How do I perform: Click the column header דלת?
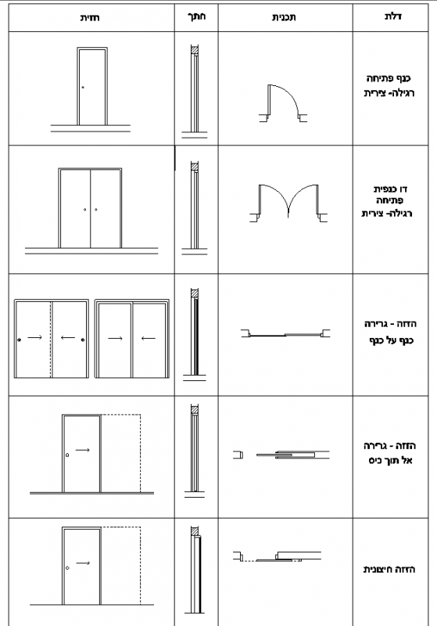coord(392,16)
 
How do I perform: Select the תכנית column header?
coord(284,17)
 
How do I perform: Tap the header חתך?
coord(196,16)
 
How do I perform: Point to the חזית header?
coord(90,17)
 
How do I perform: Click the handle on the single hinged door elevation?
coord(83,88)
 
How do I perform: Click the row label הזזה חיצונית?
coord(389,570)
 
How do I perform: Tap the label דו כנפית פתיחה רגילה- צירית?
coord(387,201)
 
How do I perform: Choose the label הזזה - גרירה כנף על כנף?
coord(390,332)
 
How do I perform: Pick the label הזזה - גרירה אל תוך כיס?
coord(390,453)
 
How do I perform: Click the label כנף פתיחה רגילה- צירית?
coord(389,85)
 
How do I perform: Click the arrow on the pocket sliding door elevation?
coord(83,450)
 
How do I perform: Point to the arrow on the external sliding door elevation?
coord(83,563)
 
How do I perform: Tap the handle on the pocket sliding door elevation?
coord(67,455)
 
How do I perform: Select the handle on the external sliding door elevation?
coord(67,568)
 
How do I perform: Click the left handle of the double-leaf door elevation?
coord(85,209)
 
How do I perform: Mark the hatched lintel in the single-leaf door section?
coord(195,51)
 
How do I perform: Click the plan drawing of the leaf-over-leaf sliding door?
coord(285,334)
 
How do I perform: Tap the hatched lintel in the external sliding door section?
coord(195,531)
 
